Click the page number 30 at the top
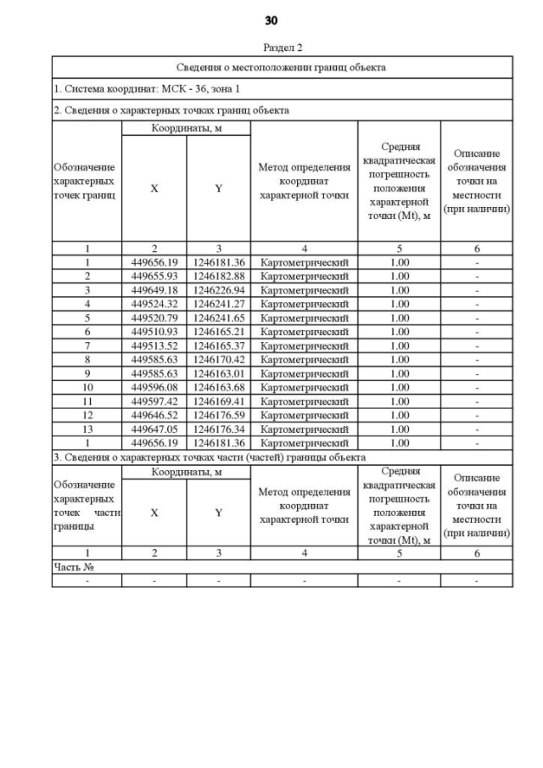(x=271, y=20)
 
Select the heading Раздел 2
(x=283, y=48)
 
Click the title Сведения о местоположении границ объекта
(x=282, y=67)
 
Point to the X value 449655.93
(x=154, y=276)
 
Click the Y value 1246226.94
(x=218, y=289)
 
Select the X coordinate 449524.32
(x=154, y=303)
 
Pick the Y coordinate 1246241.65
(x=218, y=317)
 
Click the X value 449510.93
(x=154, y=331)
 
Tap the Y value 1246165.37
(x=218, y=345)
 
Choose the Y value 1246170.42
(x=218, y=358)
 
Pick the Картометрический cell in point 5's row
(x=304, y=317)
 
